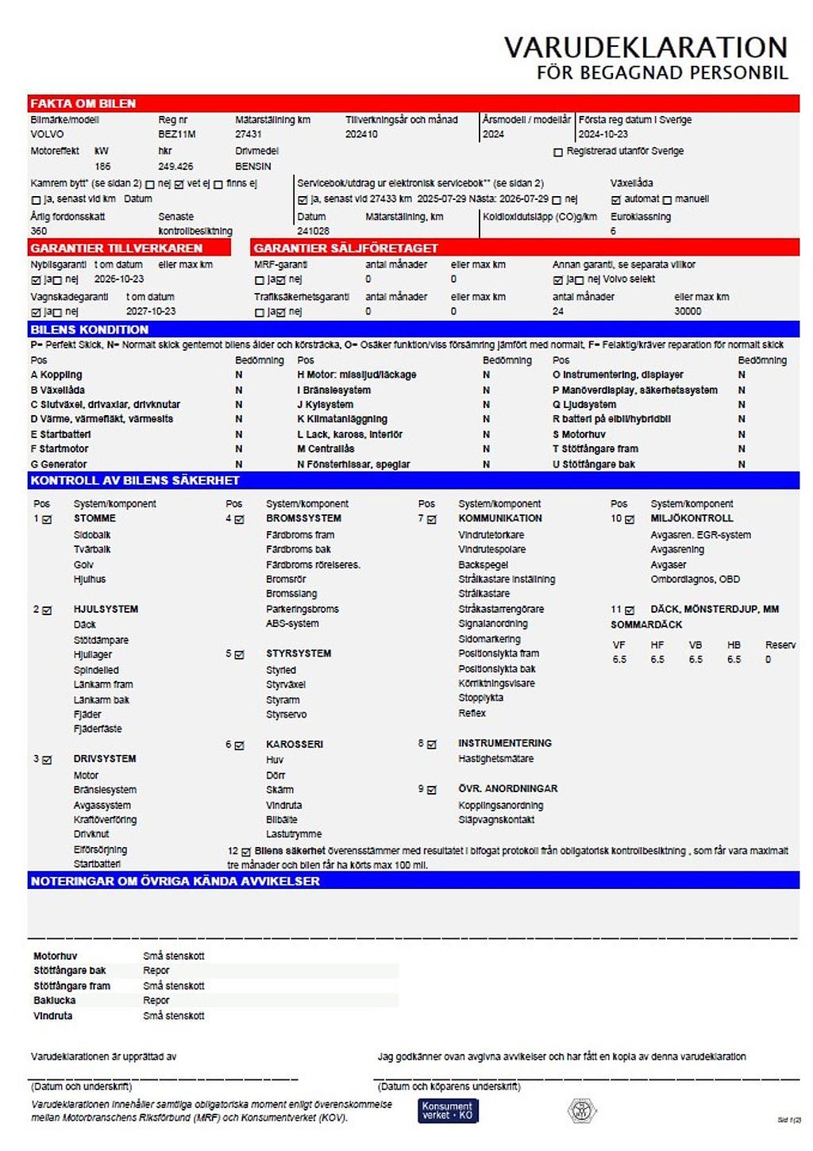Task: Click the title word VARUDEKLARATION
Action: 645,48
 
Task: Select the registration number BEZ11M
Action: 176,135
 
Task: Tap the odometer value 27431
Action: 249,135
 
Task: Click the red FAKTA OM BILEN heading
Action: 83,104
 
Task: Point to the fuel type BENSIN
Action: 253,167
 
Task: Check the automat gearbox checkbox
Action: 616,200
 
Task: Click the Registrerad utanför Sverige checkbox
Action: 558,152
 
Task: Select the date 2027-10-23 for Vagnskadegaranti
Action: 151,312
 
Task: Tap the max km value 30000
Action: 688,312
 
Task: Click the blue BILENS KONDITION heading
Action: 90,329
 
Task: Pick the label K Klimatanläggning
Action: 342,419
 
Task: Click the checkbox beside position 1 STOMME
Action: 47,520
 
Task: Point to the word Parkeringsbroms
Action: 302,610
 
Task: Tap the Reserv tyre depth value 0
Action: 768,660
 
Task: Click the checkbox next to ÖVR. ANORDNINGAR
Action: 432,790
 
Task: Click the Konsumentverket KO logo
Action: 448,1111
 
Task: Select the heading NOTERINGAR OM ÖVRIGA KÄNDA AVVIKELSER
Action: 175,881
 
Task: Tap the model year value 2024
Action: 493,135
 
